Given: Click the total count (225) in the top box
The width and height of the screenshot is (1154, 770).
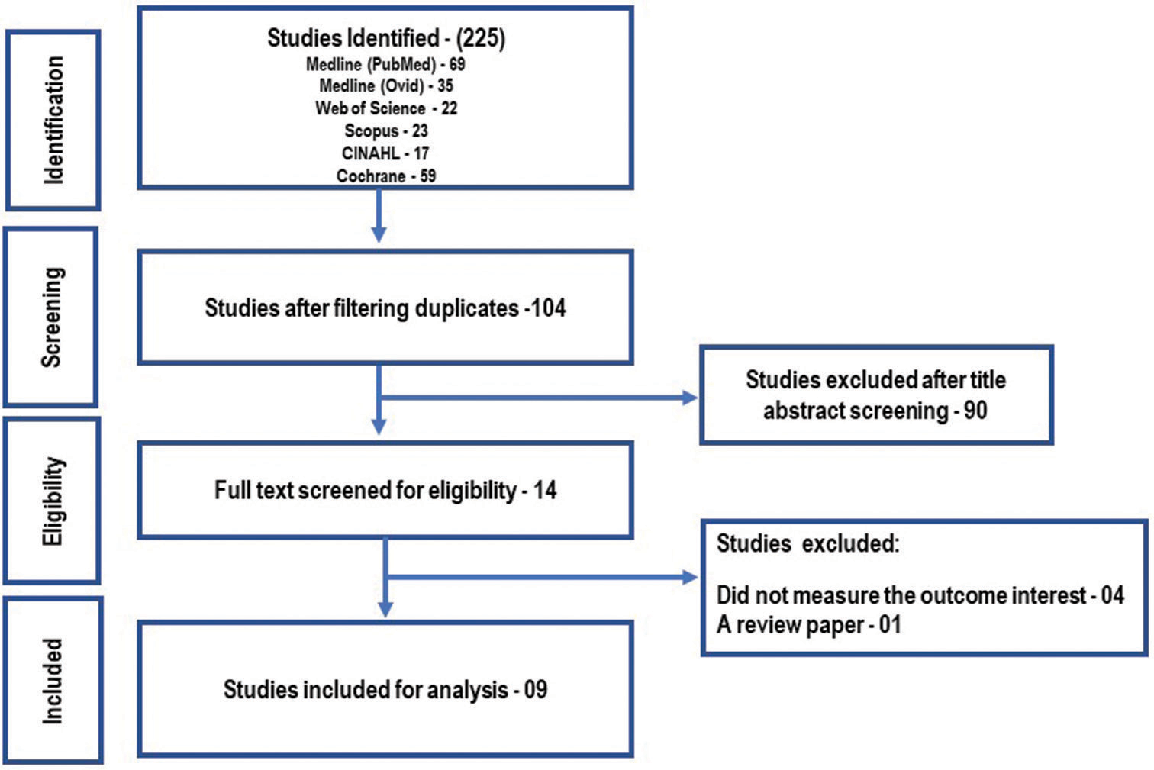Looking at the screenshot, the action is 480,38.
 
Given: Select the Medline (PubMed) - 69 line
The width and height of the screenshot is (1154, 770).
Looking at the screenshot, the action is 385,64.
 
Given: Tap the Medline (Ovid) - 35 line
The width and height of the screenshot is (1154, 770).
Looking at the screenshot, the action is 386,85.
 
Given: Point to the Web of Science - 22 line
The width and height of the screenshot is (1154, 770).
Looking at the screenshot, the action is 386,108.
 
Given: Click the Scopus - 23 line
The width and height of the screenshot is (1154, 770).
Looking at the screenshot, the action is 386,130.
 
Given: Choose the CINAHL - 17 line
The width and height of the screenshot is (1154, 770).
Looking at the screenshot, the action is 385,153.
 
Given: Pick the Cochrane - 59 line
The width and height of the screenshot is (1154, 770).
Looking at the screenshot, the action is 386,176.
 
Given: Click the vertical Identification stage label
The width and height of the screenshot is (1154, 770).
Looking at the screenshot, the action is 53,120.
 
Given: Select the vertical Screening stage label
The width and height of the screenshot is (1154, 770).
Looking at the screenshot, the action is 52,317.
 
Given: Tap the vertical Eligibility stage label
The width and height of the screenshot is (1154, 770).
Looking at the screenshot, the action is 53,501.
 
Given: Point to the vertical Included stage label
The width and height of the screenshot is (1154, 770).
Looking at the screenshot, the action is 53,681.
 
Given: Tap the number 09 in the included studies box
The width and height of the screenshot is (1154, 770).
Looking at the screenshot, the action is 536,689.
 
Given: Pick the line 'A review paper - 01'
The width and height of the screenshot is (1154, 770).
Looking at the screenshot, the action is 809,625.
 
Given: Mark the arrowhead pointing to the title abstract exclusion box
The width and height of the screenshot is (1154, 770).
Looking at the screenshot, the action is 690,398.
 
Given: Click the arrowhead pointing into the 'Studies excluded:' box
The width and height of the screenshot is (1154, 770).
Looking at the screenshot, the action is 690,577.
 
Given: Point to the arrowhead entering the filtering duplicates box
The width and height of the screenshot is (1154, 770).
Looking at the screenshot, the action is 379,235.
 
